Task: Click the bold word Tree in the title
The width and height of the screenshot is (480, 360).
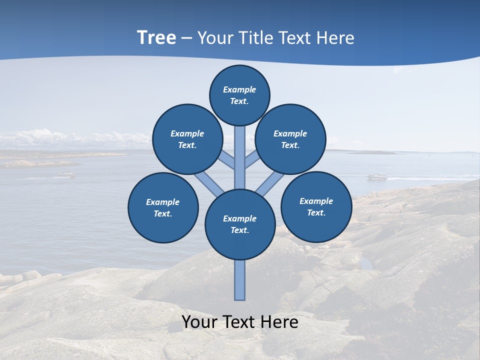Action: click(x=156, y=38)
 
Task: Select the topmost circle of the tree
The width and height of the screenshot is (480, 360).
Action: click(x=239, y=95)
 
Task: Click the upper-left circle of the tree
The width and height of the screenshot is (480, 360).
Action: click(x=187, y=139)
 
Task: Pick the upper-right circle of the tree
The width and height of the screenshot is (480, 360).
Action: click(x=290, y=139)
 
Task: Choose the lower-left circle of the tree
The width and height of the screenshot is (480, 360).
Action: click(x=163, y=207)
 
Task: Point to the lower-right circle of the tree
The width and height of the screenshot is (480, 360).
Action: click(x=316, y=206)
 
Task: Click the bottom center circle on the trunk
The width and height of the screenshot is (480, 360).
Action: click(x=240, y=224)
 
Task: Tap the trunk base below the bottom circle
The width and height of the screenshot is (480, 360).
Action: click(x=240, y=280)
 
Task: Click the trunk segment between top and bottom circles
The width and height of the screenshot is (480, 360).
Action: click(x=240, y=157)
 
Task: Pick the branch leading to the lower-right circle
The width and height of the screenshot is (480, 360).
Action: click(x=270, y=185)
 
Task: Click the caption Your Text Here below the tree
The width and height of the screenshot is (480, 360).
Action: click(x=240, y=322)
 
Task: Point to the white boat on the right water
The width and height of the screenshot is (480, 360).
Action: click(x=377, y=176)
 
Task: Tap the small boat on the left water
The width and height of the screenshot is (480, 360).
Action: click(x=65, y=174)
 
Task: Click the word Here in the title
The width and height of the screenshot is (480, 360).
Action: click(x=336, y=38)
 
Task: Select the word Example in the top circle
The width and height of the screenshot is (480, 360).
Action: click(x=239, y=89)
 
